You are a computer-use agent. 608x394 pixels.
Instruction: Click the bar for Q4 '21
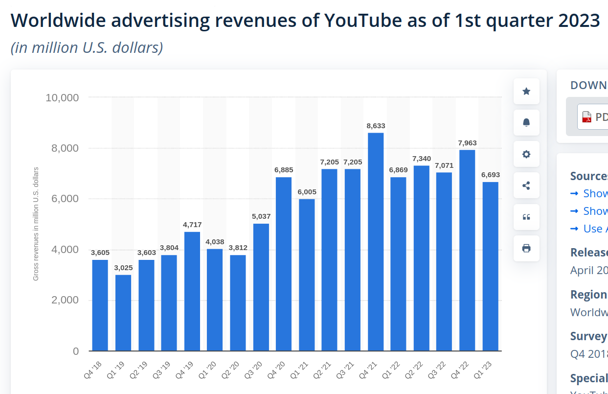click(376, 242)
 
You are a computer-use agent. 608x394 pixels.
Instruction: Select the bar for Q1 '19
click(123, 313)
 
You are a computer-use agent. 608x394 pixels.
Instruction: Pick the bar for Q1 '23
click(490, 266)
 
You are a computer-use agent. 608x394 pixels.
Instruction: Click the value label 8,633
click(376, 126)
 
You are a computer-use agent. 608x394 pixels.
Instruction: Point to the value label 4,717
click(192, 225)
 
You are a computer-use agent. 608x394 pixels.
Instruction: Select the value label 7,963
click(467, 143)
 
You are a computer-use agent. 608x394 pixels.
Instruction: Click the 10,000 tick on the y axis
click(62, 97)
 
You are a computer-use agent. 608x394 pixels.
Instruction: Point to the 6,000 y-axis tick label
click(65, 199)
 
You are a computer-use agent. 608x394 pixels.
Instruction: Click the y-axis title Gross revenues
click(36, 224)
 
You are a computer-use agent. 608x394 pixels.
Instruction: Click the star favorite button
click(526, 92)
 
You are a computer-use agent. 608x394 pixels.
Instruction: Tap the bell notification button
click(526, 123)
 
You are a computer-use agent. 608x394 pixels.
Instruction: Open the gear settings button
click(526, 154)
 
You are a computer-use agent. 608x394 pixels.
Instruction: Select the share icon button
click(526, 185)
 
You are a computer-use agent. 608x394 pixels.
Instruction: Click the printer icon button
click(526, 248)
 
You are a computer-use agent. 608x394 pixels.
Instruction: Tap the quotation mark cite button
click(526, 217)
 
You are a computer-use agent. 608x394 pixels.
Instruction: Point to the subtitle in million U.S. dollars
click(87, 47)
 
